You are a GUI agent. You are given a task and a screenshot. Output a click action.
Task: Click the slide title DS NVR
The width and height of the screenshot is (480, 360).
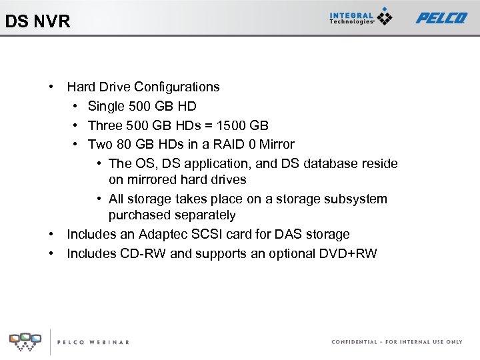[x=37, y=21]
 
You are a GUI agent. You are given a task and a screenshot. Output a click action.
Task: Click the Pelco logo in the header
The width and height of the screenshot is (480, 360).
[x=441, y=18]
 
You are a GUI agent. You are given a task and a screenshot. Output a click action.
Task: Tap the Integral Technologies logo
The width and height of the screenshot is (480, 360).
[x=361, y=17]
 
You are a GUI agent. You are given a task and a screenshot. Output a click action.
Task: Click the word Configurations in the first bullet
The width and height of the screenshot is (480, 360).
[x=177, y=87]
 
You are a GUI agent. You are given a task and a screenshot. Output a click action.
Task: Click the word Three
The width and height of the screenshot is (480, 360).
[x=105, y=125]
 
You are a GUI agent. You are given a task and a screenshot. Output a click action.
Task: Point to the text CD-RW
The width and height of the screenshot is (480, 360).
[x=143, y=253]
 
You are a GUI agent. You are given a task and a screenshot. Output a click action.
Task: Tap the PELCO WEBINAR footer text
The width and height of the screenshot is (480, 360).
[x=93, y=342]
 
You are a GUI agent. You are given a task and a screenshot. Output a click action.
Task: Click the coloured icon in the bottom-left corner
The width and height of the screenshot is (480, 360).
[x=25, y=341]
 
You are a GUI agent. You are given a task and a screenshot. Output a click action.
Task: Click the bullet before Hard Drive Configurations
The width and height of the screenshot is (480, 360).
[x=51, y=87]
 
